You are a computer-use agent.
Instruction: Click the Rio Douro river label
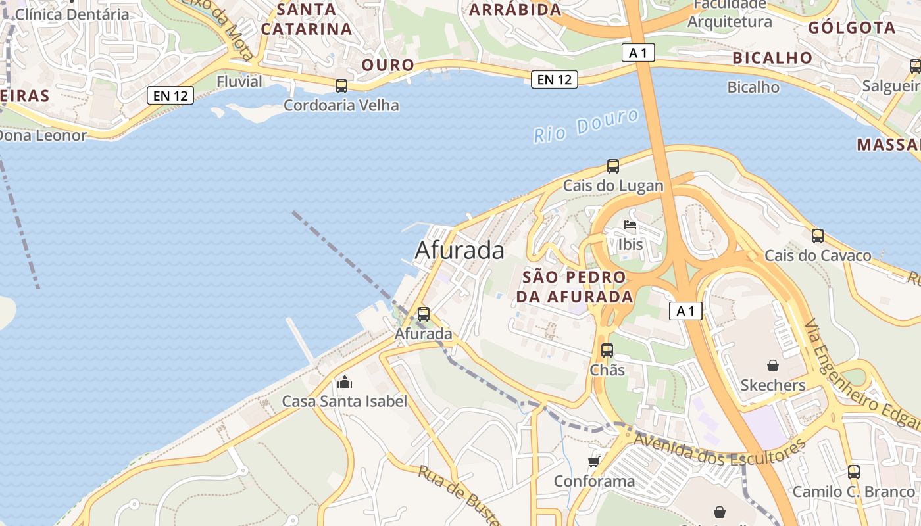pos(585,126)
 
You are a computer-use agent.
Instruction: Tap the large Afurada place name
pos(460,251)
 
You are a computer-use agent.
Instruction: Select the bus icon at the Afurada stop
pos(424,314)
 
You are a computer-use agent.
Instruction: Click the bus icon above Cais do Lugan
pos(613,166)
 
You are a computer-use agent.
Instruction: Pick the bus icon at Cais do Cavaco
pos(818,236)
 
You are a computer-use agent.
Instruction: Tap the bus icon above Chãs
pos(607,350)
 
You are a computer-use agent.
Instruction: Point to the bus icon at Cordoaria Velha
pos(341,86)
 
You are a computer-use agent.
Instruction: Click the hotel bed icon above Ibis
pos(630,226)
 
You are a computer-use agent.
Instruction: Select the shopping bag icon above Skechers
pos(773,366)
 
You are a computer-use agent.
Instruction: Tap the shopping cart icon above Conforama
pos(594,462)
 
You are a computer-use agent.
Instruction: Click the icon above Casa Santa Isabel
pos(345,382)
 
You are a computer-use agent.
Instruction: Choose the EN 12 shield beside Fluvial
pos(171,96)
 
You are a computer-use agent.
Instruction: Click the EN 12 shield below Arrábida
pos(555,80)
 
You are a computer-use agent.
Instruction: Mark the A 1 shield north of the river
pos(638,53)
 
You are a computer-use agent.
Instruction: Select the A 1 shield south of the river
pos(685,311)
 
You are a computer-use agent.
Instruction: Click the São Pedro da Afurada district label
pos(574,287)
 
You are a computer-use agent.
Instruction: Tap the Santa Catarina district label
pos(307,19)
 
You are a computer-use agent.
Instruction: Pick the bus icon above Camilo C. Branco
pos(854,472)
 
